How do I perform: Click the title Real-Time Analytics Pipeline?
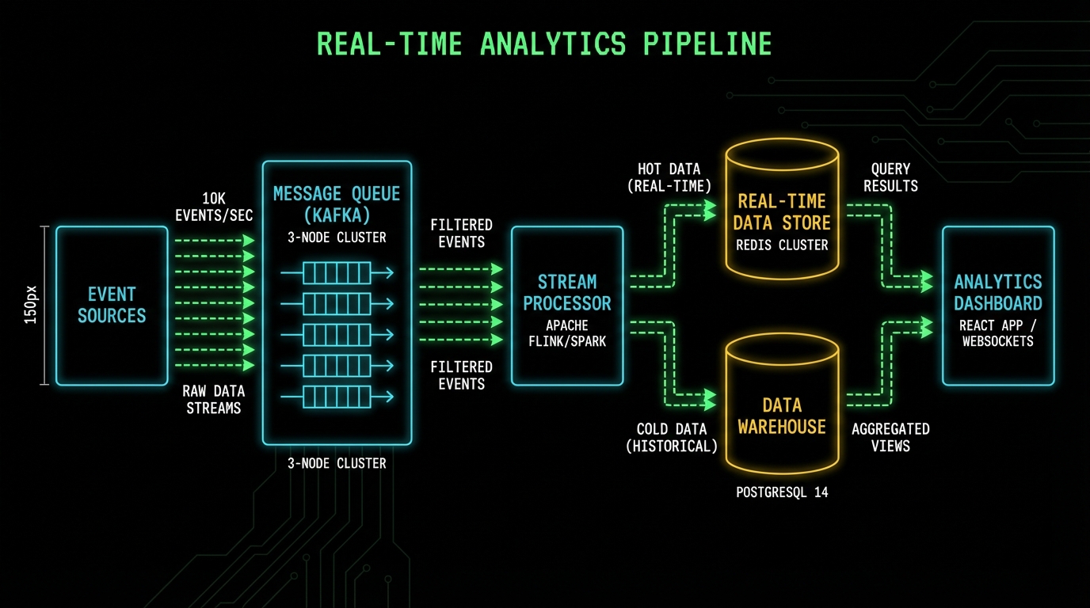(x=544, y=44)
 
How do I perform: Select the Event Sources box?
(x=112, y=306)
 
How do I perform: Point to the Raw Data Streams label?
(x=213, y=400)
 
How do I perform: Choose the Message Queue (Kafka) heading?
(x=337, y=204)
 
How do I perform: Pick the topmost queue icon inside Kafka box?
(x=337, y=273)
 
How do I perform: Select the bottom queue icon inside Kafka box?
(x=337, y=396)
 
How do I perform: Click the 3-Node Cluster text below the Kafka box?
(x=337, y=463)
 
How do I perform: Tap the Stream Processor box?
(x=567, y=306)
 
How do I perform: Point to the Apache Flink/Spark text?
(x=567, y=334)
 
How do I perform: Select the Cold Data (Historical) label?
(x=672, y=437)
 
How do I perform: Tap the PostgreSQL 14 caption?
(x=782, y=492)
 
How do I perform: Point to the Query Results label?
(x=890, y=177)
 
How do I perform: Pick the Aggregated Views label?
(x=890, y=437)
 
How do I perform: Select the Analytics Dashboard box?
(x=997, y=306)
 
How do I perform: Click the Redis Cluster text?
(x=782, y=245)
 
